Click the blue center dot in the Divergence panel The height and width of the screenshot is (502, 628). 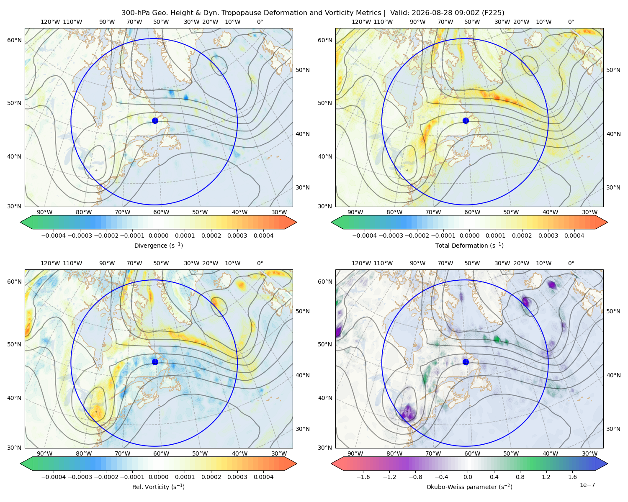click(x=155, y=121)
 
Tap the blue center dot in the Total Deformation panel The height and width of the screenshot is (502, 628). click(x=466, y=121)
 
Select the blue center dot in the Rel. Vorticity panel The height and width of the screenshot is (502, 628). click(x=155, y=362)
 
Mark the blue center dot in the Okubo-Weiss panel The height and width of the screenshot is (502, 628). click(x=466, y=362)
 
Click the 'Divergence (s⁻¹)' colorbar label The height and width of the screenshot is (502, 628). click(x=158, y=246)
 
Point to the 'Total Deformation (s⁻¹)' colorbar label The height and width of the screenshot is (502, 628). click(x=469, y=246)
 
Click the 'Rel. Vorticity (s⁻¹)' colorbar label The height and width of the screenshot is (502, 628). click(x=158, y=487)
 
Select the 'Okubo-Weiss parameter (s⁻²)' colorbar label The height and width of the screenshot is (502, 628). click(x=469, y=487)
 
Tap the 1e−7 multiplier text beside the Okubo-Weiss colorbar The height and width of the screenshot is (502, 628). click(x=587, y=485)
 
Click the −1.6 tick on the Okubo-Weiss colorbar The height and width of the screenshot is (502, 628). click(x=363, y=477)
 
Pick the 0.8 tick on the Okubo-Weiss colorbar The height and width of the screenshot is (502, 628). click(x=520, y=477)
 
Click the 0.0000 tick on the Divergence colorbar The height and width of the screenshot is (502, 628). click(x=158, y=236)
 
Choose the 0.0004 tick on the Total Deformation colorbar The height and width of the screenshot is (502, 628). click(x=574, y=236)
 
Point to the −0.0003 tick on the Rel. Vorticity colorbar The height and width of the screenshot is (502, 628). click(x=80, y=477)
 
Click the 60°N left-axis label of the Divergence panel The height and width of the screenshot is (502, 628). click(x=14, y=40)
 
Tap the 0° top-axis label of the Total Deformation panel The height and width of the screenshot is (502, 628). click(x=571, y=22)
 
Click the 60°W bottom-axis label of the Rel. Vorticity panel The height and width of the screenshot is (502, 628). click(x=161, y=453)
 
